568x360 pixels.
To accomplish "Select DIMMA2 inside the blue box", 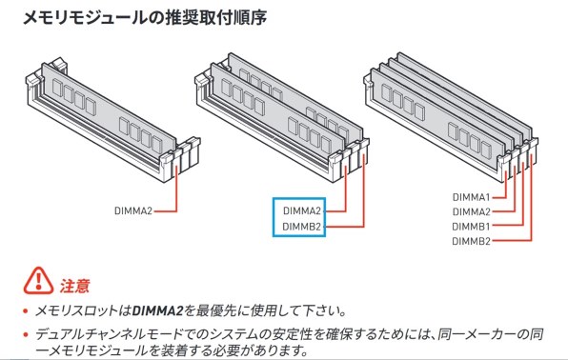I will (302, 210).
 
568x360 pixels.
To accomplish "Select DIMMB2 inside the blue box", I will (302, 227).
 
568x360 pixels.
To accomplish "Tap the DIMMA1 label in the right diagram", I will (471, 196).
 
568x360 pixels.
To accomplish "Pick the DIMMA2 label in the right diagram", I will (471, 211).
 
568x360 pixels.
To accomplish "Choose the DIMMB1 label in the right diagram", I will (471, 227).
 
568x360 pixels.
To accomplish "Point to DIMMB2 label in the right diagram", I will (471, 242).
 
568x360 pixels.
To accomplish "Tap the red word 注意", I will (75, 285).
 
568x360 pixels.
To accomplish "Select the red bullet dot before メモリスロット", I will (26, 311).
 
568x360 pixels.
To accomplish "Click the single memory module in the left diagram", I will (105, 105).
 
